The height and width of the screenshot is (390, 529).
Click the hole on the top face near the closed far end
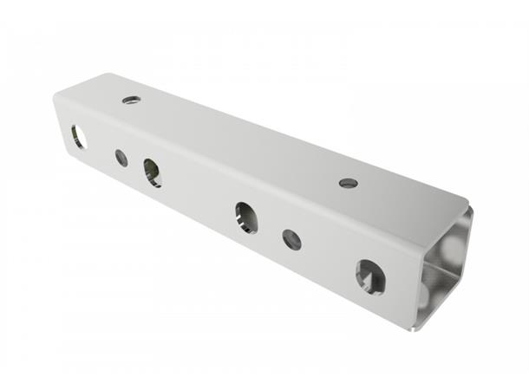[131, 101]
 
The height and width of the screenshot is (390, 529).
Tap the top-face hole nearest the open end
[348, 183]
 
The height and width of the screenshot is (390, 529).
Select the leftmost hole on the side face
[78, 136]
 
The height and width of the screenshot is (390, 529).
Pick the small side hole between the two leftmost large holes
[121, 158]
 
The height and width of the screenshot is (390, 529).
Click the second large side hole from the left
[153, 172]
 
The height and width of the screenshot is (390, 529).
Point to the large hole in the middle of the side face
[245, 217]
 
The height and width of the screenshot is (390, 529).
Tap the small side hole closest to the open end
[292, 240]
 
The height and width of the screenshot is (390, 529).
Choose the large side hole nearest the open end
[369, 276]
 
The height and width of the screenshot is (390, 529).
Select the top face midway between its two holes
[238, 141]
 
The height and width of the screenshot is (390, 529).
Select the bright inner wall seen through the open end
[455, 247]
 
